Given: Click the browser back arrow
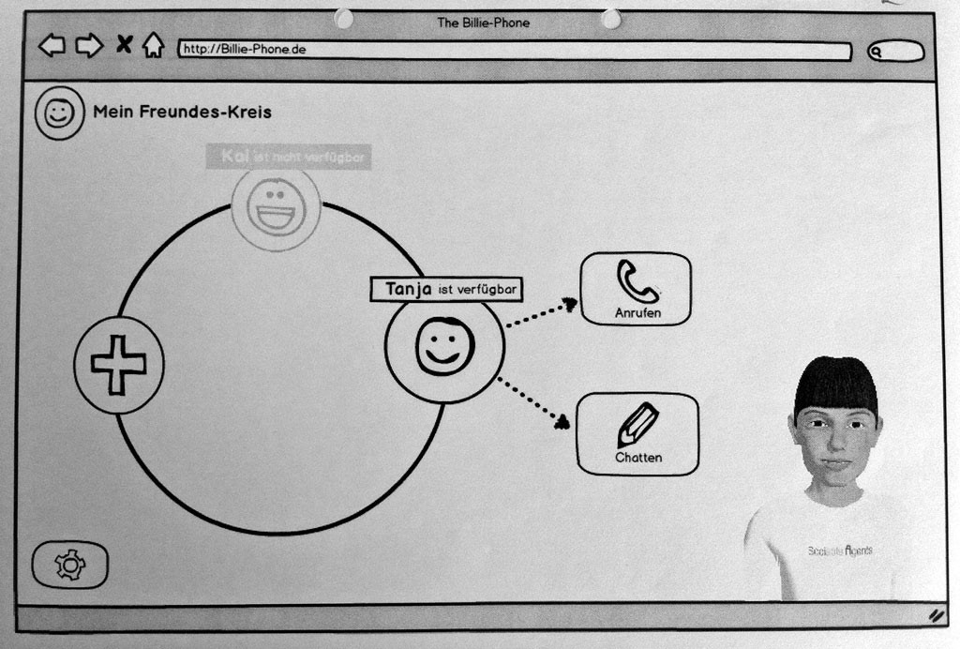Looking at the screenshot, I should (52, 45).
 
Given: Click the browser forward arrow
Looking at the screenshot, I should (89, 45).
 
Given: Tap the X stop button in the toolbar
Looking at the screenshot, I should (123, 43).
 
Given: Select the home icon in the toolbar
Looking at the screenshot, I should (153, 45).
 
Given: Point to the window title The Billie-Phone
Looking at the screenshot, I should (483, 22).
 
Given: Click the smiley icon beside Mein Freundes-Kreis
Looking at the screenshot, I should (59, 113).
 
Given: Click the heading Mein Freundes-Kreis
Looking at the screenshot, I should (182, 113).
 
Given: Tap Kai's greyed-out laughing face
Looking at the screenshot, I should (276, 207).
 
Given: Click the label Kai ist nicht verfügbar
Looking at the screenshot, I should (289, 157).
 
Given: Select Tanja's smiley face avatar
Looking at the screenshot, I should (444, 346).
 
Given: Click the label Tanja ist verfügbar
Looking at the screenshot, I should (446, 290).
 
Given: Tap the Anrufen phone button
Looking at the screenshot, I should (637, 289).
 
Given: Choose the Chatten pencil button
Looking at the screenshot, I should (637, 433).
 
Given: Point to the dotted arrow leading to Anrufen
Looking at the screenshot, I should (541, 313).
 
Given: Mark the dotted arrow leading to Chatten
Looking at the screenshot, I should (532, 402).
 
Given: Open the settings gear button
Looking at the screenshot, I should (70, 565).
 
